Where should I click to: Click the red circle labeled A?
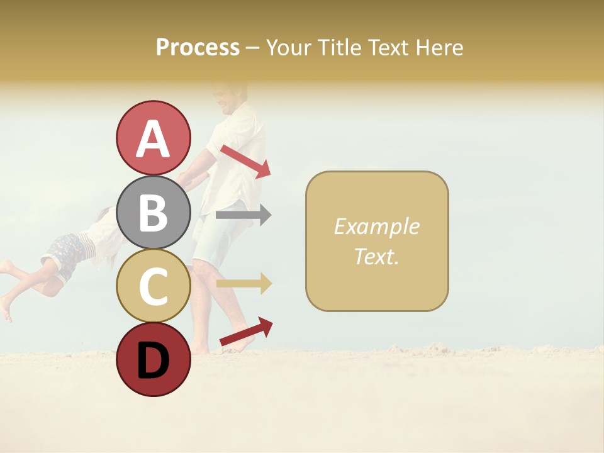[x=153, y=138]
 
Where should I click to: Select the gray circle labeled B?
[x=153, y=213]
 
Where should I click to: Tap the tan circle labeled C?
[x=153, y=286]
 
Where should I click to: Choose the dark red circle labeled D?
[x=153, y=359]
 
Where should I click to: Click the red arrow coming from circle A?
[x=246, y=161]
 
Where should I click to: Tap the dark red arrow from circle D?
[x=246, y=332]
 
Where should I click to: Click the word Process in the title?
[x=198, y=48]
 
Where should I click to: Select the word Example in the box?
[x=376, y=226]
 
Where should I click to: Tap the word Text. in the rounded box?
[x=376, y=257]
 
